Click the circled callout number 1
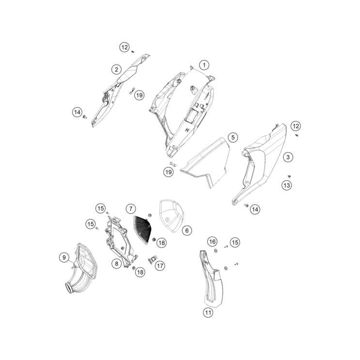click(x=204, y=65)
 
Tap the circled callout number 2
click(x=116, y=69)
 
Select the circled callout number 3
click(x=288, y=157)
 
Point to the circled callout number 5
click(x=233, y=137)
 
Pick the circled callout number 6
click(x=187, y=230)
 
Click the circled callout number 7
click(x=131, y=209)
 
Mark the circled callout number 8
click(x=116, y=264)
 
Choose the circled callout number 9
click(x=64, y=257)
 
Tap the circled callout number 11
click(x=208, y=313)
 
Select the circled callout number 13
click(x=287, y=185)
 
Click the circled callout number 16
click(x=212, y=241)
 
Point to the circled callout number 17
click(x=160, y=266)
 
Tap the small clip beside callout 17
click(x=152, y=260)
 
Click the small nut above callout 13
click(x=289, y=176)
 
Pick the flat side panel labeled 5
click(x=205, y=162)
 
